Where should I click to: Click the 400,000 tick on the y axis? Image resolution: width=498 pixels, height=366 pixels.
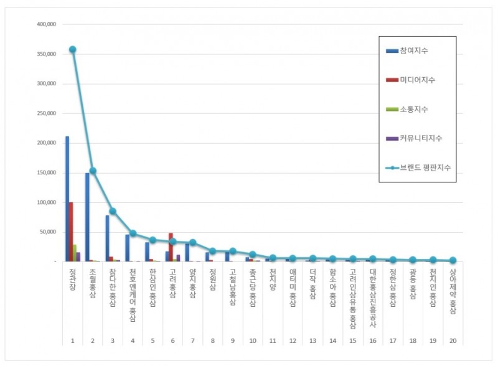47,24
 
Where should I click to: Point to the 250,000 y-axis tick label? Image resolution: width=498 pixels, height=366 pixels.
47,113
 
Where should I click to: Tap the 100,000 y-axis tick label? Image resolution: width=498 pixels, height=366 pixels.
47,202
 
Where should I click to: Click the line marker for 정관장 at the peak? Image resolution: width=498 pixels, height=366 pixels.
73,49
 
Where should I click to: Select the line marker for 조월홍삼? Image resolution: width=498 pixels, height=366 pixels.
93,171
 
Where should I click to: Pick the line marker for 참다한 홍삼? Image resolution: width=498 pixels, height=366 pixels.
113,211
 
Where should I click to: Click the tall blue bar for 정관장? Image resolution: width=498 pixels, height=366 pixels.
67,199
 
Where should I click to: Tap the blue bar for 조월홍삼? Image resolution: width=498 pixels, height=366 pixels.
87,217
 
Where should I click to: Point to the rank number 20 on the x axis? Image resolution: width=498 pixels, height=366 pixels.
453,340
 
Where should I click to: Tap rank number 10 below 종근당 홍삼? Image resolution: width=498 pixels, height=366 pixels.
252,340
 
